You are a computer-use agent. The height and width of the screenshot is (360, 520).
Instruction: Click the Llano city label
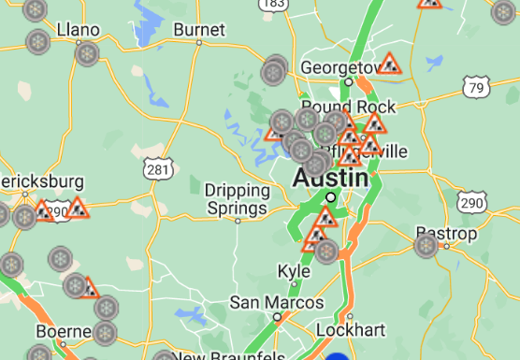tap(78, 30)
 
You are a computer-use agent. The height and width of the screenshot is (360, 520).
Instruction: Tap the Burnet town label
tap(198, 30)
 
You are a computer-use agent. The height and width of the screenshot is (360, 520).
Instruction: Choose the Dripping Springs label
tap(238, 197)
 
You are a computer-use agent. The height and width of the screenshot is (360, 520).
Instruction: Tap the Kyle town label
tap(294, 270)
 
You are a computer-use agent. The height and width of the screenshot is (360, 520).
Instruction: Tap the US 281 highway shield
tap(157, 168)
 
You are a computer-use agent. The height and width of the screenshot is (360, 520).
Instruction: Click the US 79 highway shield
tap(476, 87)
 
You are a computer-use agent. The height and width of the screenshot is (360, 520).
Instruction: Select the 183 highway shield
tap(274, 5)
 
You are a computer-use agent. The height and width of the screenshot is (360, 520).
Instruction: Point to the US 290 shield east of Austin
tap(472, 203)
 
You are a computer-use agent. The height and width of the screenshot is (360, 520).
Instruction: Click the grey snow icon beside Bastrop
tap(426, 246)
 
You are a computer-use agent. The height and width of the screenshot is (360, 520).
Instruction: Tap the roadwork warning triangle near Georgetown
tap(390, 65)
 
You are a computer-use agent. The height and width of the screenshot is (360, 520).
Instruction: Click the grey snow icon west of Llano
tap(38, 42)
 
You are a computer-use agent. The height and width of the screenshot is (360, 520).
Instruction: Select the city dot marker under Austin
tap(330, 197)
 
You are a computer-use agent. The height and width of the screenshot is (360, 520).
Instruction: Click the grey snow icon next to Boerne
tap(105, 332)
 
